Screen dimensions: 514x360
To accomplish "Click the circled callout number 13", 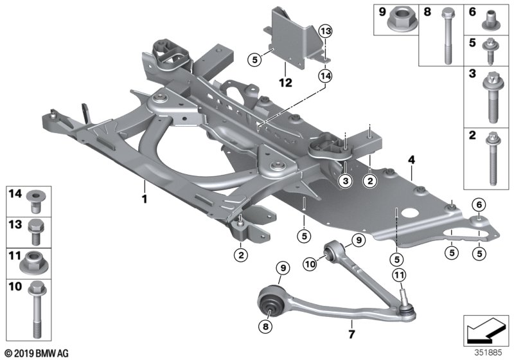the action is click(x=325, y=32).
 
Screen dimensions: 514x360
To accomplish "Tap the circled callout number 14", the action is click(x=325, y=76).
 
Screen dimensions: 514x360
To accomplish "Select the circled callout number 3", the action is click(x=346, y=181).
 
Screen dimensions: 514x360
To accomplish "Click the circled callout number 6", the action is click(x=479, y=205).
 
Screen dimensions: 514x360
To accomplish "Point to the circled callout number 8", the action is click(x=265, y=326).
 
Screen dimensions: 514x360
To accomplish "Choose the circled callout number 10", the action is click(x=310, y=264).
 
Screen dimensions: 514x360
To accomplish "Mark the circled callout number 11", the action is click(x=399, y=275).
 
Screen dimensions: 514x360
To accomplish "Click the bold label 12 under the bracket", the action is click(x=285, y=83).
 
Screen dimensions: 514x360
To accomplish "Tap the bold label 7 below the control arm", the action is click(x=351, y=334).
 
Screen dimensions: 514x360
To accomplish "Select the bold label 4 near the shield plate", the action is click(x=411, y=160).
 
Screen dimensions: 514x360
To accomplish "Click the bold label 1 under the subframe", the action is click(x=144, y=199).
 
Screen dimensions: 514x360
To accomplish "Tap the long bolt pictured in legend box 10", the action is click(x=37, y=309).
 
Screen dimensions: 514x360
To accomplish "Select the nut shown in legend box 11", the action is click(x=34, y=262).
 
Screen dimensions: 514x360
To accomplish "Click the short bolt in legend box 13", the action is click(x=36, y=233).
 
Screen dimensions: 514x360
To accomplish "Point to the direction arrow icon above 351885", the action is click(x=486, y=330).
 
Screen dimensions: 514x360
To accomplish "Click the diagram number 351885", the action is click(x=488, y=353).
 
